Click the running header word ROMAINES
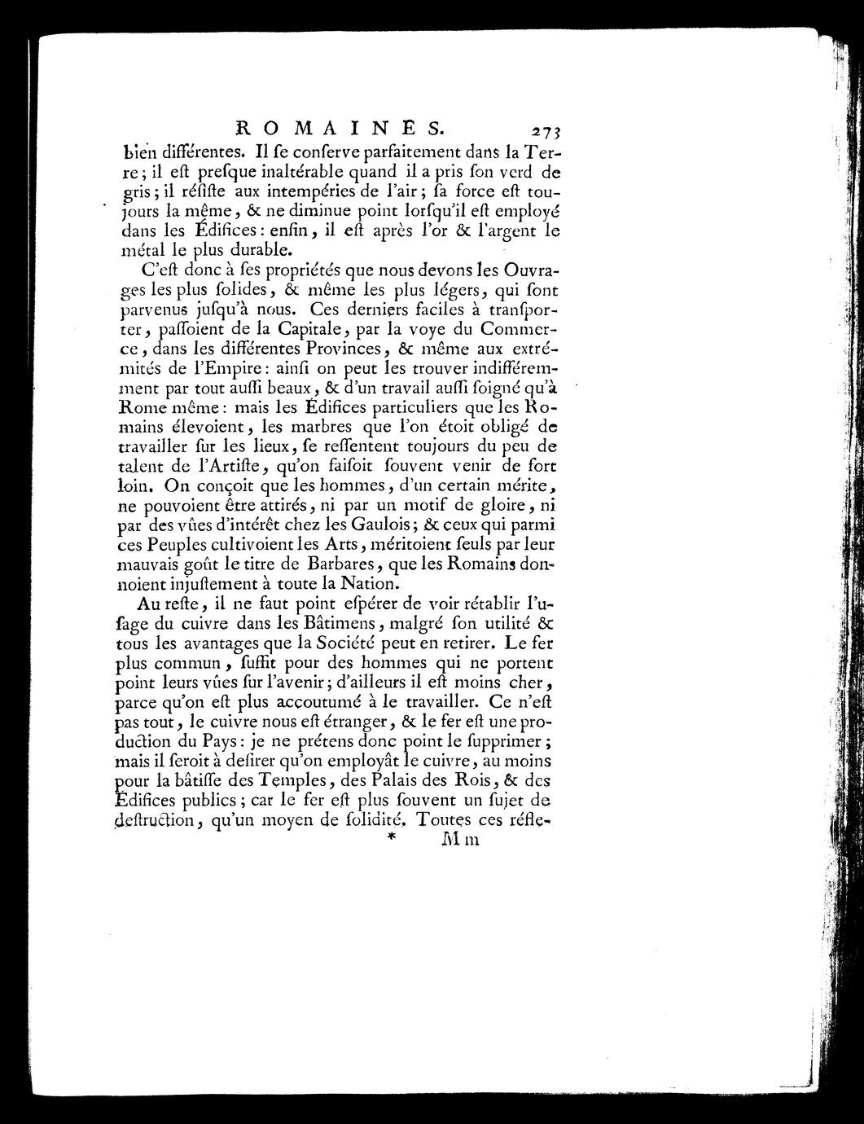(x=339, y=126)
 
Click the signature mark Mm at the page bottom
(x=458, y=841)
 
